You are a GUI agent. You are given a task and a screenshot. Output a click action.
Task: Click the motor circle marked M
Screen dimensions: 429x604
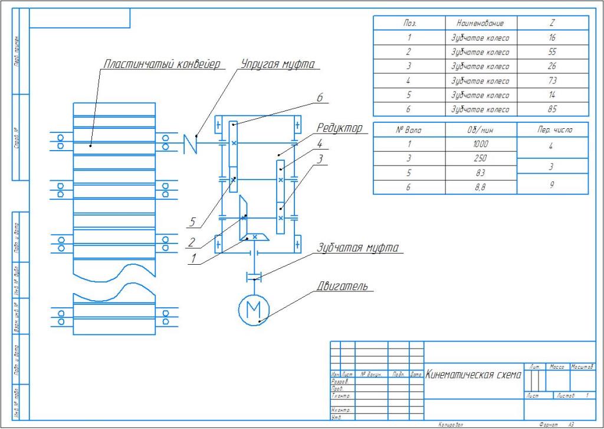click(253, 309)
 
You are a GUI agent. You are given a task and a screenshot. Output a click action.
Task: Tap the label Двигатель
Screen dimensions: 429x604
click(343, 287)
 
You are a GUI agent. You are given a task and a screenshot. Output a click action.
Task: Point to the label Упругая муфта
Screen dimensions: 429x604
click(277, 63)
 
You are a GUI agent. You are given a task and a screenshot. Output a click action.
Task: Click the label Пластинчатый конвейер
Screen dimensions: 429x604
click(162, 63)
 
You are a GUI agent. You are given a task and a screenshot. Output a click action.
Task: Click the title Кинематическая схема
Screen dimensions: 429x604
click(474, 374)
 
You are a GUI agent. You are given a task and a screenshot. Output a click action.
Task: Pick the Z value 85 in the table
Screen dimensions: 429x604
click(552, 109)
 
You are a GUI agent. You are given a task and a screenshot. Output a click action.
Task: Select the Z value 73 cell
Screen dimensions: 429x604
click(552, 80)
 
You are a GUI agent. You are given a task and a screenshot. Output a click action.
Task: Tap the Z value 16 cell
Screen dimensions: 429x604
click(552, 38)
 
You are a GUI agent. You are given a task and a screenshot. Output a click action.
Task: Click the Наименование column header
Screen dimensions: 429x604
click(480, 24)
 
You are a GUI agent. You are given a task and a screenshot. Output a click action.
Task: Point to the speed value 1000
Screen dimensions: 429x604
click(481, 144)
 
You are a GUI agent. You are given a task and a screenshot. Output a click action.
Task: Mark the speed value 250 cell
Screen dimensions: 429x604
click(481, 158)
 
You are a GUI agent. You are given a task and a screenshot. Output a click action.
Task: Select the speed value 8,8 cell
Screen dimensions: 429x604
click(481, 187)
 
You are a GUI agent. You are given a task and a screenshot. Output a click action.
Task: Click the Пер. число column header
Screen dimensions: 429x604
click(552, 129)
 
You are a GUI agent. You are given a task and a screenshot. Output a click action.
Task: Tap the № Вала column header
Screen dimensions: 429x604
click(409, 129)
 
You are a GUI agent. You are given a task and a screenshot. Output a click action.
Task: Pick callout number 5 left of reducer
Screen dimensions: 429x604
click(191, 223)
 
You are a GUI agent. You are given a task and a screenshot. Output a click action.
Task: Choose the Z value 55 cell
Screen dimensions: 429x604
click(552, 52)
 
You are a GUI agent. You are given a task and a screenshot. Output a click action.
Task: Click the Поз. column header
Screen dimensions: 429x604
click(409, 24)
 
